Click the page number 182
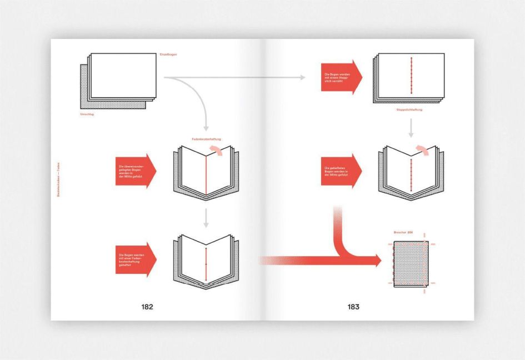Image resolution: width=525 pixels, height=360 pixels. click(x=147, y=306)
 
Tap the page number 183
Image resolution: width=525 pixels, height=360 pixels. click(x=353, y=306)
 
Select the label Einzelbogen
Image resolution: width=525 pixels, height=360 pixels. click(x=168, y=54)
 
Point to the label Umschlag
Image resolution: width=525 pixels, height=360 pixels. click(x=88, y=113)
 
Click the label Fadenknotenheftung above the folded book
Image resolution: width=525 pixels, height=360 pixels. click(x=204, y=138)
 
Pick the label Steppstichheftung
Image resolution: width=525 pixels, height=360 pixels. click(x=409, y=110)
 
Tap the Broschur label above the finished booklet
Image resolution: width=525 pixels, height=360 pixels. click(x=404, y=231)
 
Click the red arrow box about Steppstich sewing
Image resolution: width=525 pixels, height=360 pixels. click(x=341, y=77)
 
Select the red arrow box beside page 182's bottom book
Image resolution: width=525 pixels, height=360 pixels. click(x=135, y=258)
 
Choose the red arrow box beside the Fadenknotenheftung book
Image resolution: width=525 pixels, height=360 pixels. click(x=135, y=171)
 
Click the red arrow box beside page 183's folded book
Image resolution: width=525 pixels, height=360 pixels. click(x=341, y=171)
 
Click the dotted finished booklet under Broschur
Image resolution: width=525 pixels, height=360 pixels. click(x=411, y=264)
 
